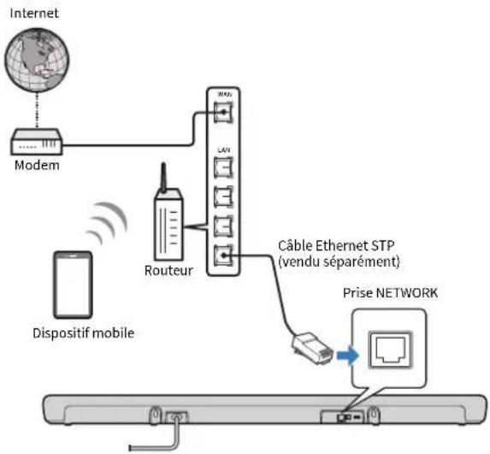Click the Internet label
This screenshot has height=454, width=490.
point(34,13)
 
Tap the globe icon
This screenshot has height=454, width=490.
point(37,60)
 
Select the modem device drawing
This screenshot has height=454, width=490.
point(37,142)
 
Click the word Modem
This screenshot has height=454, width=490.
point(37,165)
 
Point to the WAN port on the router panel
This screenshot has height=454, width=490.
point(223,112)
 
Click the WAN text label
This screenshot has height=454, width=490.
point(224,94)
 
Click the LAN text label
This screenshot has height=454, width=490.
point(224,150)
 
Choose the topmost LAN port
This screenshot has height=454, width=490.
point(223,168)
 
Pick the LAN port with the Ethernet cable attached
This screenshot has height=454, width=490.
point(223,256)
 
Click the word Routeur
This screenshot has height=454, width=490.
point(168,270)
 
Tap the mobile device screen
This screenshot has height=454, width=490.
point(74,285)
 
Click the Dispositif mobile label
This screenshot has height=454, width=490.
point(84,333)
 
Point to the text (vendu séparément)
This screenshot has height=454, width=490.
point(339,262)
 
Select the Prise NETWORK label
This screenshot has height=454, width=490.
point(390,293)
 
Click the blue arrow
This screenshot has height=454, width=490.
point(348,356)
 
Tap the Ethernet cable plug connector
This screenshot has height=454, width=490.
point(312,347)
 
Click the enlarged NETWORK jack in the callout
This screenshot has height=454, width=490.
point(391,350)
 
